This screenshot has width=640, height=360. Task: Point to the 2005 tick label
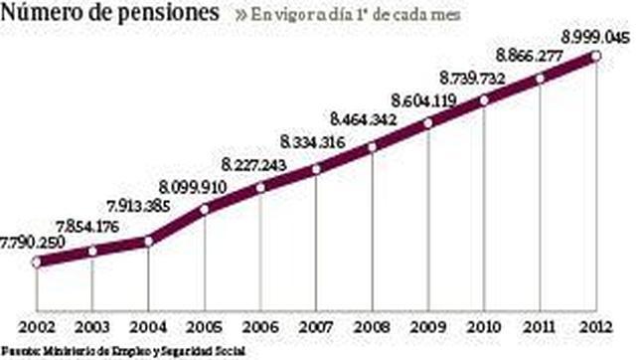click(x=204, y=327)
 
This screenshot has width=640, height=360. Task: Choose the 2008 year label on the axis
click(x=373, y=327)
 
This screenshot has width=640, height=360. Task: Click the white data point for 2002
click(x=37, y=263)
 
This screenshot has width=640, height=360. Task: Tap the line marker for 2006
click(x=260, y=187)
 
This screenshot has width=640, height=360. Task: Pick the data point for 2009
click(x=428, y=123)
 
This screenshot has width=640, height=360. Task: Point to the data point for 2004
click(x=148, y=240)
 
